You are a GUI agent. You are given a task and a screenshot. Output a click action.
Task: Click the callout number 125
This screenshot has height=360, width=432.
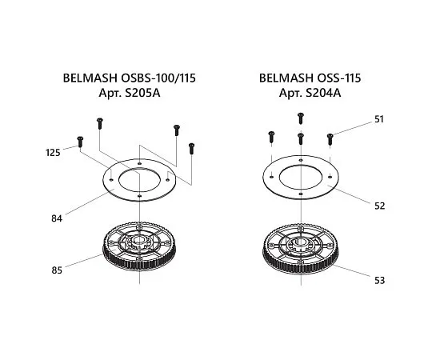(53, 152)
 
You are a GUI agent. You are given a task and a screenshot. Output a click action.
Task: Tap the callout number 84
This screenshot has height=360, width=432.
(57, 218)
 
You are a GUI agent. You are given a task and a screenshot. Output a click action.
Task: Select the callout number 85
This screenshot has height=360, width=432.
(57, 270)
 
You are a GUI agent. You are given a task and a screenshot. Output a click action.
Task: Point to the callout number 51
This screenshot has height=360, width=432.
(379, 119)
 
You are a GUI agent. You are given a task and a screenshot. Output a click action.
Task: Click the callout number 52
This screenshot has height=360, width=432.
(379, 206)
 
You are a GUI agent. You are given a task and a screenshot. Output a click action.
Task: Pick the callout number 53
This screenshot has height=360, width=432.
(379, 280)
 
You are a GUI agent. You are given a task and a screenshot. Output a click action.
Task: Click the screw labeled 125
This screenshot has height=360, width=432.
(80, 142)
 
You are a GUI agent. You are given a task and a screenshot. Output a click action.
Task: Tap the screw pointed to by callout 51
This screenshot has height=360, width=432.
(330, 140)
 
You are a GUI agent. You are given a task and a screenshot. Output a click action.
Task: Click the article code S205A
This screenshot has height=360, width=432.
(142, 93)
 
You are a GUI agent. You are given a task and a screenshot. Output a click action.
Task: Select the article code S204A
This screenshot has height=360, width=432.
(323, 93)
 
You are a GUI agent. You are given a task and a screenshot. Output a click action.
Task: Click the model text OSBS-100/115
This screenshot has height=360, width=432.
(158, 78)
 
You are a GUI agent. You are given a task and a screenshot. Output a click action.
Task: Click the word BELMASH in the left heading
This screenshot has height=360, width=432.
(90, 78)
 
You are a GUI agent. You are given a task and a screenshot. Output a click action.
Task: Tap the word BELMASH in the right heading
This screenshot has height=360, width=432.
(286, 78)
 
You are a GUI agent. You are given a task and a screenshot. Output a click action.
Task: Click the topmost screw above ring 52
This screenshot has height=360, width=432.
(301, 118)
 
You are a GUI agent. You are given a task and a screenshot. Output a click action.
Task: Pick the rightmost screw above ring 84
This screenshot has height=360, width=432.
(191, 149)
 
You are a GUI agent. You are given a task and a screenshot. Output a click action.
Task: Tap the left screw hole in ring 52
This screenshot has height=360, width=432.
(272, 177)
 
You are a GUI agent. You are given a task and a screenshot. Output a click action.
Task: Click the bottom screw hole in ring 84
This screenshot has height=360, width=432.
(139, 196)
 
